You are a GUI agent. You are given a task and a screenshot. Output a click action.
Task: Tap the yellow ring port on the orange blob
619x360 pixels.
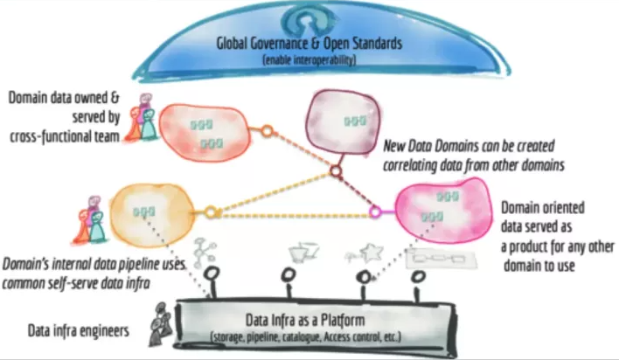click(x=210, y=212)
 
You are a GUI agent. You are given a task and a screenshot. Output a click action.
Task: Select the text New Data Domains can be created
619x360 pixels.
click(x=469, y=144)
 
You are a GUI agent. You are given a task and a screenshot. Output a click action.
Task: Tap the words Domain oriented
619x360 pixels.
click(x=543, y=209)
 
